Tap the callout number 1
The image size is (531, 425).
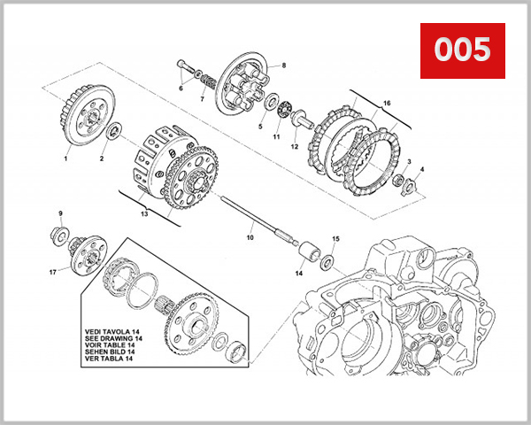point(65,159)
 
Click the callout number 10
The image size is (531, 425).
point(250,238)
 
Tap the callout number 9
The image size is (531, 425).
point(60,213)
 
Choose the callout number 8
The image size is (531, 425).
point(284,66)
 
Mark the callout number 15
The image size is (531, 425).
point(335,239)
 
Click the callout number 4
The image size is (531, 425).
point(421,169)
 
